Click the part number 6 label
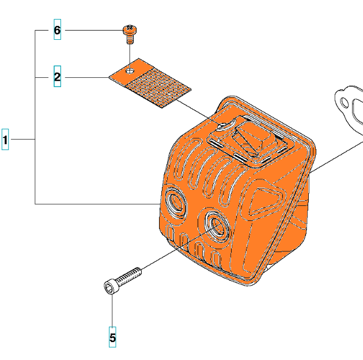[x=57, y=30]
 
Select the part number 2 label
[x=57, y=77]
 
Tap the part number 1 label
[x=5, y=139]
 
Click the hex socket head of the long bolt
[x=110, y=286]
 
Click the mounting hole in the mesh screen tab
[x=131, y=69]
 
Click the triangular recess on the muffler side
[x=264, y=201]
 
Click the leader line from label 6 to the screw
[x=92, y=30]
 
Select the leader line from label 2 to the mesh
[x=86, y=77]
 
